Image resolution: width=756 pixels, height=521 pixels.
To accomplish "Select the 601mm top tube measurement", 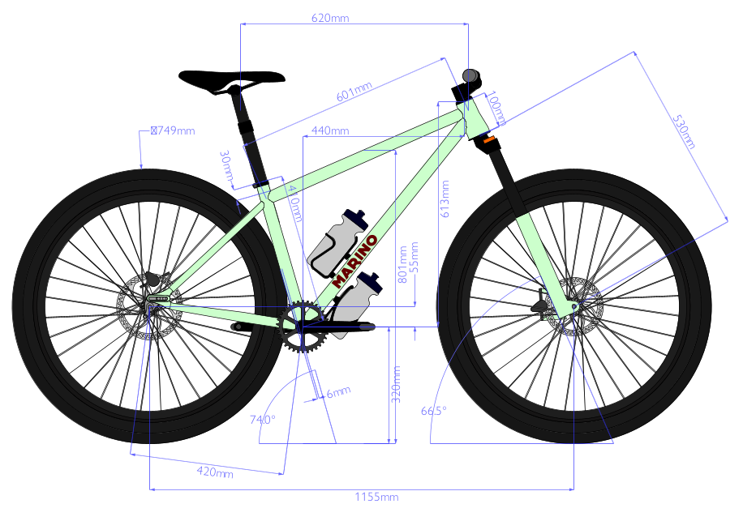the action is [x=354, y=95].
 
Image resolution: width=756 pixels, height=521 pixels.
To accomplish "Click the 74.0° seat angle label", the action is [x=263, y=420].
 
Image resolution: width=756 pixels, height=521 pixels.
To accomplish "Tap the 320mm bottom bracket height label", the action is [x=397, y=385].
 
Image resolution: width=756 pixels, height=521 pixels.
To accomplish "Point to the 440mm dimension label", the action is [x=330, y=130].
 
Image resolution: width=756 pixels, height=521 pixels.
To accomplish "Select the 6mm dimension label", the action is [x=337, y=392].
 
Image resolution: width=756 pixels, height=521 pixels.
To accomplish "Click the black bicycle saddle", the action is [x=231, y=79].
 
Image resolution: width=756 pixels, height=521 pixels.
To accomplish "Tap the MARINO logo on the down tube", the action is [x=355, y=262].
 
